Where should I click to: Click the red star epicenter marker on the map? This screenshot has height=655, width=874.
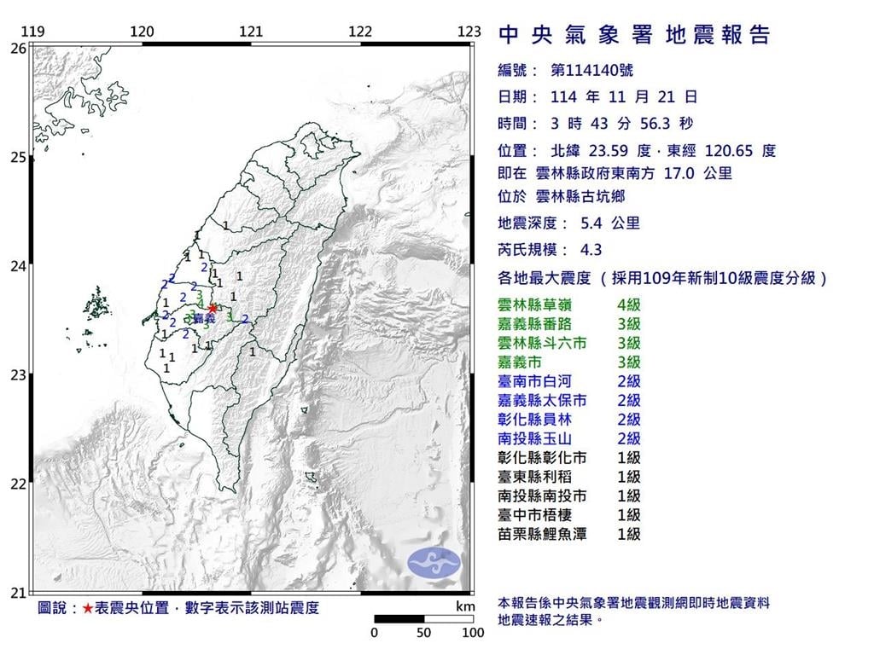pyautogui.click(x=213, y=308)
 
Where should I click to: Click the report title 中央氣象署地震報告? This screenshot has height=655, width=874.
pyautogui.click(x=633, y=35)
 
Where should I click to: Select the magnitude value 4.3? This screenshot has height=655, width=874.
pyautogui.click(x=591, y=251)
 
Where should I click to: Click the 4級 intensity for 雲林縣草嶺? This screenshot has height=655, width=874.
pyautogui.click(x=628, y=304)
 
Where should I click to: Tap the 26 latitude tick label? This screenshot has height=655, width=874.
pyautogui.click(x=17, y=49)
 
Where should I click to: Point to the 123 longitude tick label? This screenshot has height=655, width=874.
pyautogui.click(x=469, y=32)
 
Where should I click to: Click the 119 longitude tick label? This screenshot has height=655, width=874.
pyautogui.click(x=32, y=32)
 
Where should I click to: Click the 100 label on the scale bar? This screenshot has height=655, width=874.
pyautogui.click(x=473, y=633)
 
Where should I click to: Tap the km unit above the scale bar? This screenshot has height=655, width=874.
pyautogui.click(x=465, y=606)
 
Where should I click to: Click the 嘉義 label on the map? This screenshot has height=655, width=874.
pyautogui.click(x=203, y=318)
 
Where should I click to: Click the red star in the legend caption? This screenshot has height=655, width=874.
pyautogui.click(x=88, y=608)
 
